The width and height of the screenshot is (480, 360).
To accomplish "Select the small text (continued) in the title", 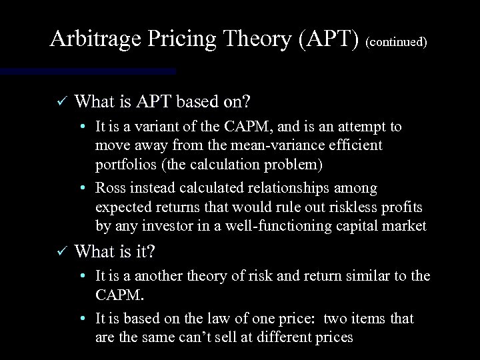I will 397,42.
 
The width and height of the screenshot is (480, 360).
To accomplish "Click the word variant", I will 157,127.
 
